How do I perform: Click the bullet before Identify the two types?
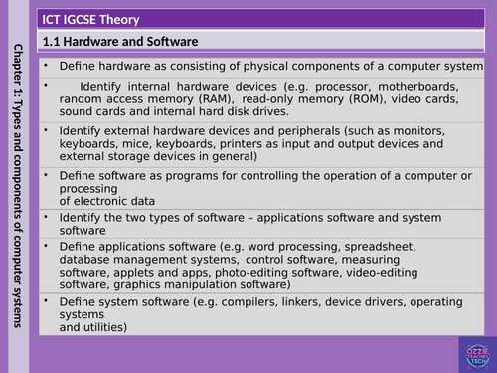pyautogui.click(x=48, y=217)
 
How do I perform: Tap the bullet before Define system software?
pyautogui.click(x=48, y=300)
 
